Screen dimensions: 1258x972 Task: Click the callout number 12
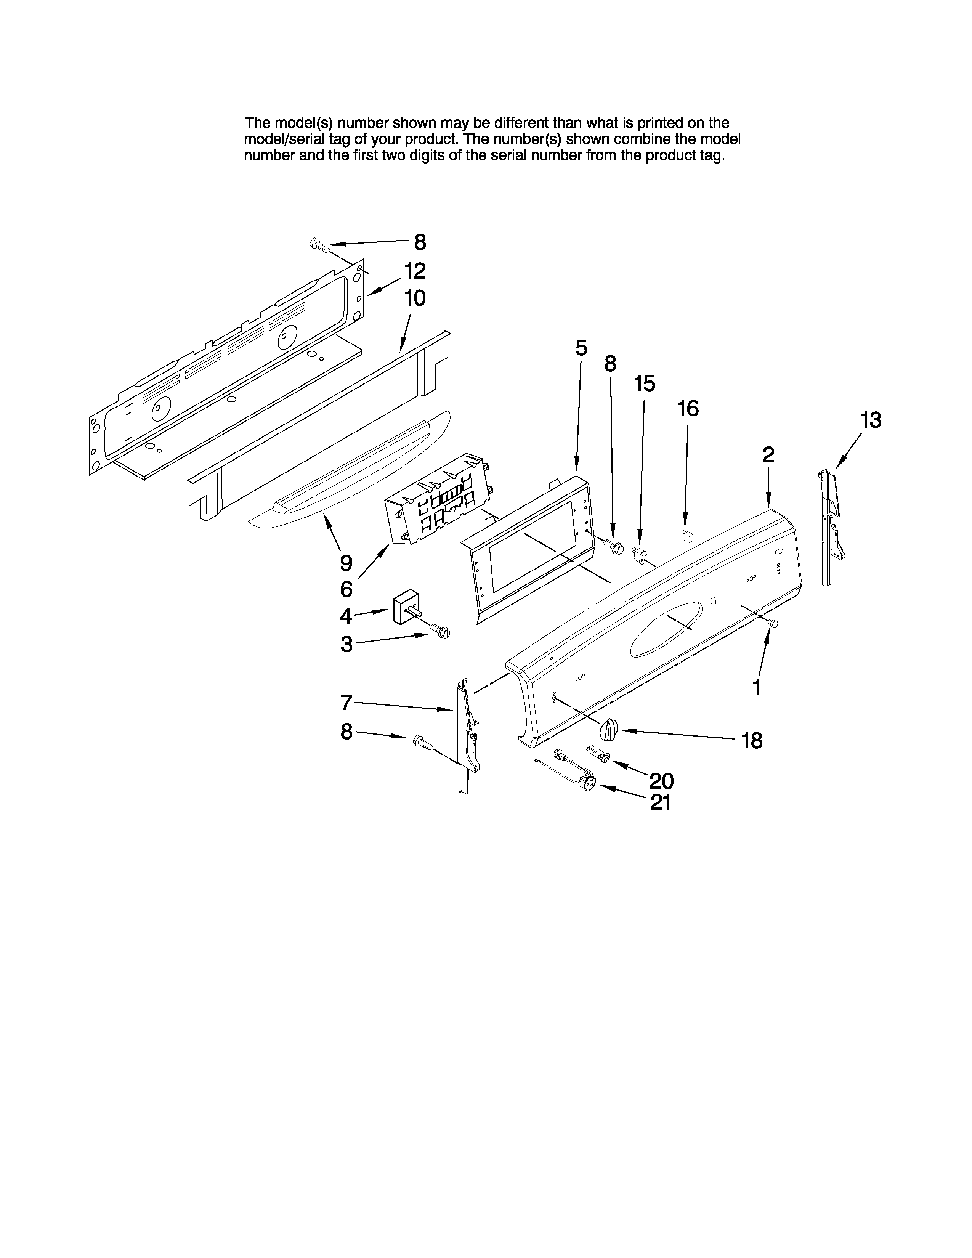click(415, 271)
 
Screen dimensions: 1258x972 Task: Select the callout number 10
click(415, 298)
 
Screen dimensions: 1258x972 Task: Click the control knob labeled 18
click(609, 730)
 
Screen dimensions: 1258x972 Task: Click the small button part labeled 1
click(774, 623)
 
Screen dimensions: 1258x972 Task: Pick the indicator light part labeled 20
click(599, 753)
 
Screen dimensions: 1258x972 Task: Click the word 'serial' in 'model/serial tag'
click(307, 140)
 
